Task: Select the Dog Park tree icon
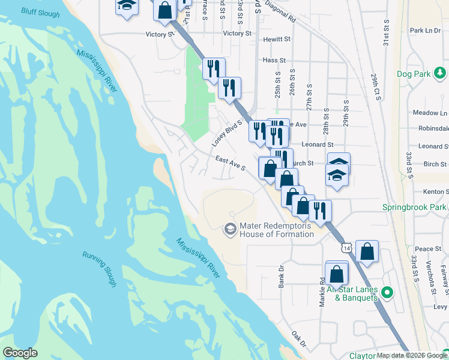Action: [x=441, y=73]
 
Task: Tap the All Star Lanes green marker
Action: [x=388, y=293]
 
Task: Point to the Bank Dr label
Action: [x=281, y=277]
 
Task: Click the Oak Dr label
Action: [x=298, y=340]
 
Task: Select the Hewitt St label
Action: [x=277, y=39]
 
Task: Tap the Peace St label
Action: [x=428, y=248]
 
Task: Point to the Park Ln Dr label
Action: [x=425, y=31]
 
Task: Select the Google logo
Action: [x=20, y=353]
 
